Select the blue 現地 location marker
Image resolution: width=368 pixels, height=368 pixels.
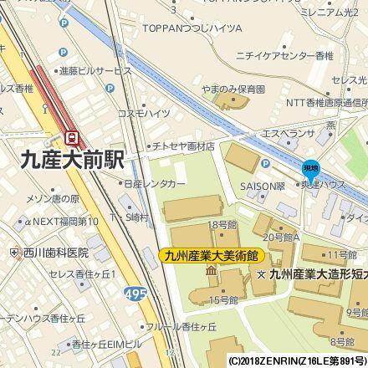[310, 168]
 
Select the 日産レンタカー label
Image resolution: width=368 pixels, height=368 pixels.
[155, 183]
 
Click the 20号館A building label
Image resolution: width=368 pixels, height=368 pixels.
[281, 238]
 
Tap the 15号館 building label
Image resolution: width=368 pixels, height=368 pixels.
[223, 299]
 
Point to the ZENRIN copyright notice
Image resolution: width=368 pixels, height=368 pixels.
[297, 362]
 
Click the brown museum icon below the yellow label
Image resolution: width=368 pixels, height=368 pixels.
[209, 273]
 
